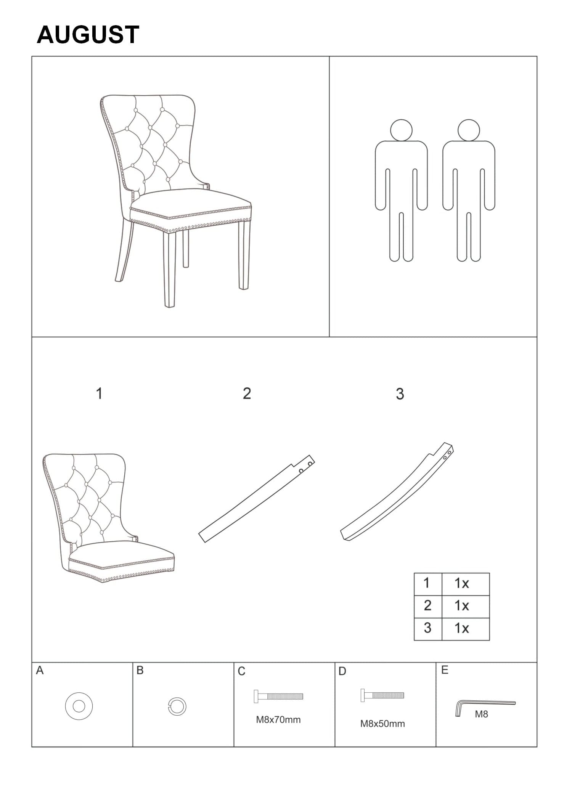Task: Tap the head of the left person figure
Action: (x=401, y=130)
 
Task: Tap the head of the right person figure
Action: (x=469, y=130)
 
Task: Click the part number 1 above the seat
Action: (x=99, y=393)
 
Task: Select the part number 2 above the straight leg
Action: (x=247, y=393)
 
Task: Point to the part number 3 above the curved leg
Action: (x=400, y=394)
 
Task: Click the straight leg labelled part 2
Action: (x=256, y=499)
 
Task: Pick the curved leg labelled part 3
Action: (x=397, y=492)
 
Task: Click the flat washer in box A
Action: (x=79, y=706)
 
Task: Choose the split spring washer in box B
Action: (x=177, y=706)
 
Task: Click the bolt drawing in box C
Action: (x=278, y=697)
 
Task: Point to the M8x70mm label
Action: (x=278, y=720)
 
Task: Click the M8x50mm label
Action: (x=382, y=724)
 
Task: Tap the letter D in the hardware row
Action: (x=342, y=671)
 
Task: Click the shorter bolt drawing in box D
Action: (x=382, y=695)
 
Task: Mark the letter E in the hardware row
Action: (x=445, y=670)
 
